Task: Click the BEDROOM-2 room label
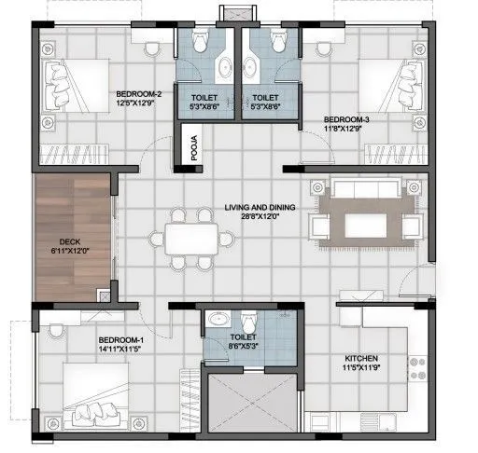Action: click(x=139, y=94)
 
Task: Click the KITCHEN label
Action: click(x=362, y=358)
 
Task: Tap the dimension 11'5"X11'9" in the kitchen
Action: click(x=362, y=367)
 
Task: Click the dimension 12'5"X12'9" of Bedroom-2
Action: click(x=139, y=103)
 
